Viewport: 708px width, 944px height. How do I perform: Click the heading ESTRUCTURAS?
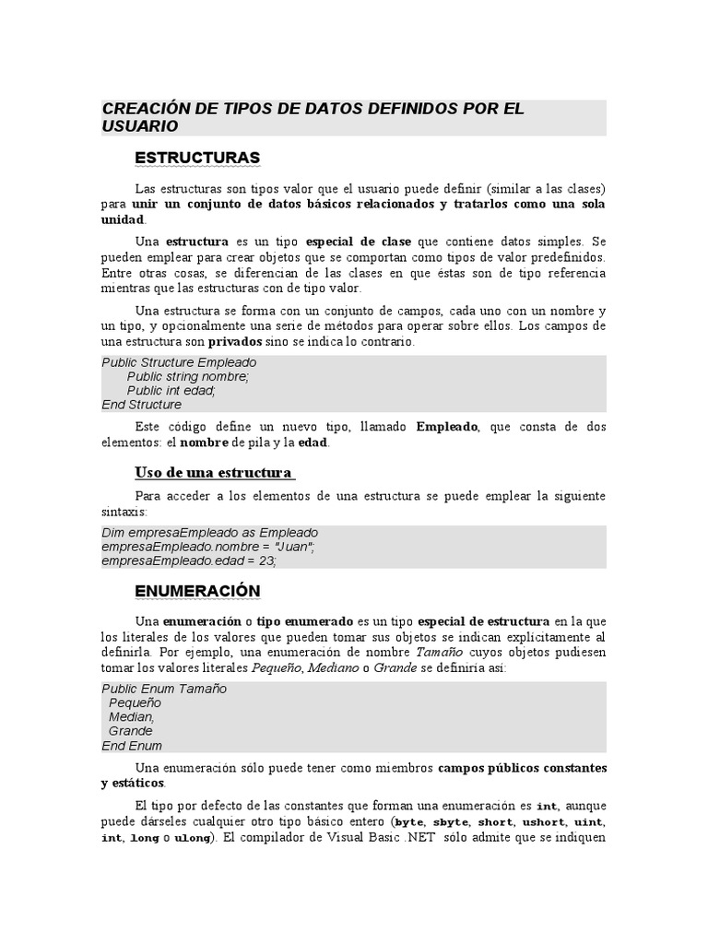pyautogui.click(x=197, y=158)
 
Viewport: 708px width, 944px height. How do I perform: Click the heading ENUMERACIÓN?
pyautogui.click(x=197, y=590)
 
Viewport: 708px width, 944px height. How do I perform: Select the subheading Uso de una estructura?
pyautogui.click(x=214, y=473)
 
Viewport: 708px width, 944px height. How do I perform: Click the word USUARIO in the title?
pyautogui.click(x=140, y=126)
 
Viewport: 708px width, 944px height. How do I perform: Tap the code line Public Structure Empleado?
pyautogui.click(x=179, y=362)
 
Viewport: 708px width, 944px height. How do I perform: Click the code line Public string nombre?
pyautogui.click(x=188, y=376)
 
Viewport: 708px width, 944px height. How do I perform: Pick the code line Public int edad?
pyautogui.click(x=171, y=390)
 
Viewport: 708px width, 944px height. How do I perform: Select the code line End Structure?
pyautogui.click(x=142, y=405)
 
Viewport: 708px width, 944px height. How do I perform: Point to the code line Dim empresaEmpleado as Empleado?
pyautogui.click(x=209, y=533)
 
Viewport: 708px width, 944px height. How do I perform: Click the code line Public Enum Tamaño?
pyautogui.click(x=164, y=689)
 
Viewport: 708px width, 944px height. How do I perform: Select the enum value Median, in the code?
pyautogui.click(x=132, y=716)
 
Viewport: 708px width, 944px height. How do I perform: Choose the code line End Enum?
pyautogui.click(x=132, y=746)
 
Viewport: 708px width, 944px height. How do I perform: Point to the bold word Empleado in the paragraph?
pyautogui.click(x=447, y=427)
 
